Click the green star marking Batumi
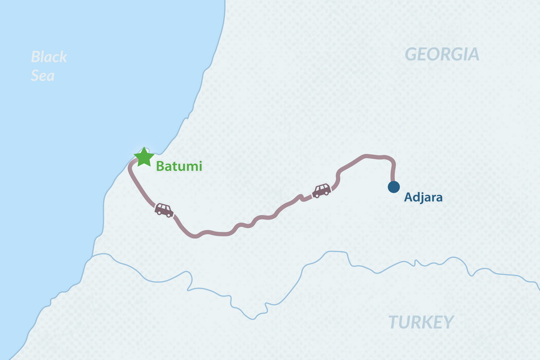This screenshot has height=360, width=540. [143, 157]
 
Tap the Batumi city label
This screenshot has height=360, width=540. [179, 166]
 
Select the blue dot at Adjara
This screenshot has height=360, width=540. [394, 187]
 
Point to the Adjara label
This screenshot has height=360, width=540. [424, 197]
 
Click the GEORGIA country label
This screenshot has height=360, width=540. [442, 55]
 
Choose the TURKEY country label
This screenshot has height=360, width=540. [421, 322]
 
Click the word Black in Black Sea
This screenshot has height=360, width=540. [49, 58]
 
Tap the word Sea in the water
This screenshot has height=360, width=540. [43, 76]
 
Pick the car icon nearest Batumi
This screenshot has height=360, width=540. [164, 209]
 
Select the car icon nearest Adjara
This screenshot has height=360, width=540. [322, 191]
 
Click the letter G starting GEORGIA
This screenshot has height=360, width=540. [412, 55]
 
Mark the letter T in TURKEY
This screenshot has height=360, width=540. [394, 322]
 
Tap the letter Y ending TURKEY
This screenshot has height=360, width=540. [448, 322]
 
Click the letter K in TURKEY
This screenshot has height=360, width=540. [427, 322]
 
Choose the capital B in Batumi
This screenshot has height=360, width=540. [160, 166]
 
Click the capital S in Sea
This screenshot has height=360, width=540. [35, 76]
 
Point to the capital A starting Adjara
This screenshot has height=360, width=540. [408, 197]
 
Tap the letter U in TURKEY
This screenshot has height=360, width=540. [404, 322]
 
